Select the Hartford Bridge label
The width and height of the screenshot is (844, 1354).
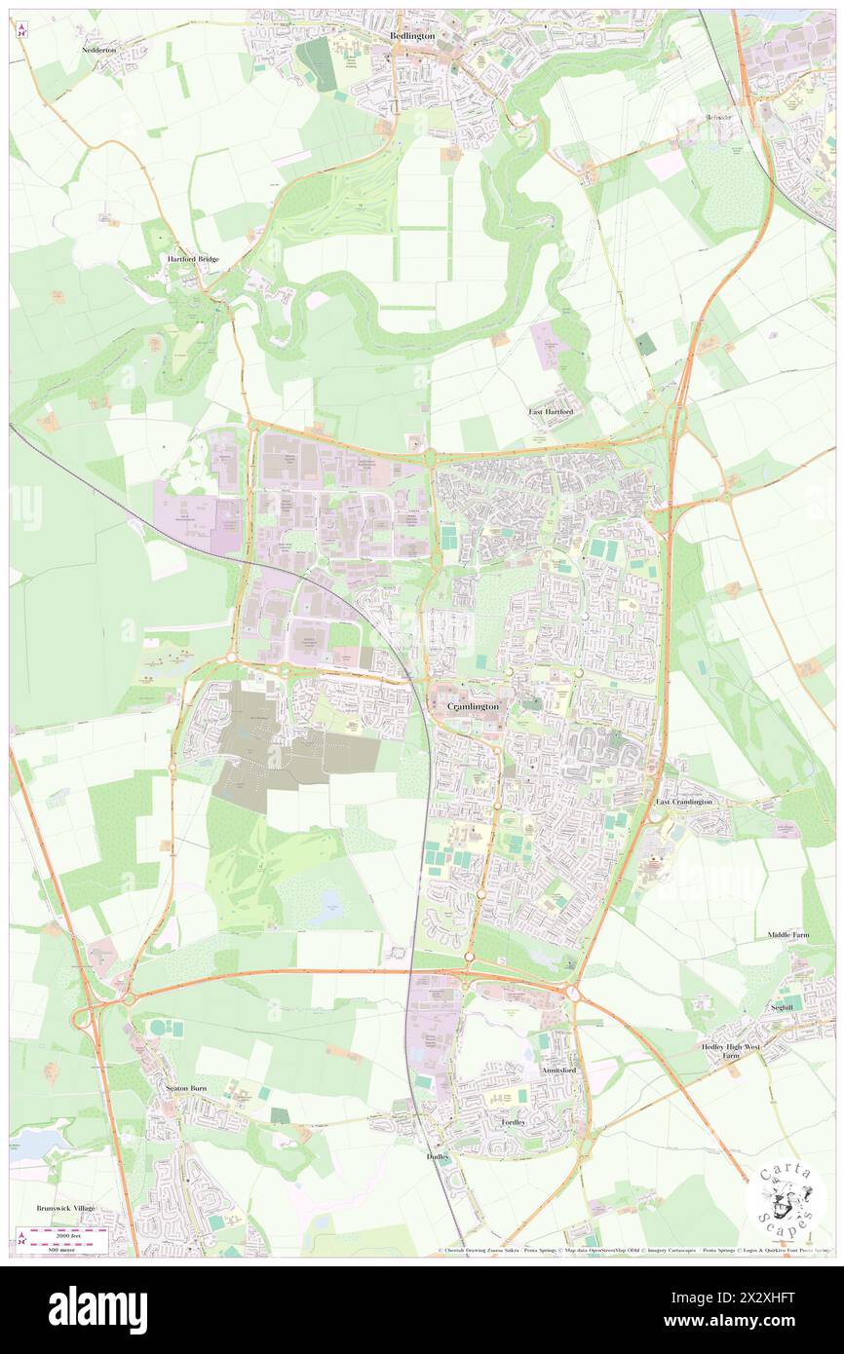193,259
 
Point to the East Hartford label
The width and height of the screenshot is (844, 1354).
551,412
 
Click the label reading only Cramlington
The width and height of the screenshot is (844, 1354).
473,705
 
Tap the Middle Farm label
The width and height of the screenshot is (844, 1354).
787,935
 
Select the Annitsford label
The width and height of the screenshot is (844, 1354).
558,1070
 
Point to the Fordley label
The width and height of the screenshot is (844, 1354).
514,1122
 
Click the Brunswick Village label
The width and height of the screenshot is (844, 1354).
66,1208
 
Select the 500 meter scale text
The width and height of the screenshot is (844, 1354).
46,1249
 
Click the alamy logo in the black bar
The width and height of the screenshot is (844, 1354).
97,1310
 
